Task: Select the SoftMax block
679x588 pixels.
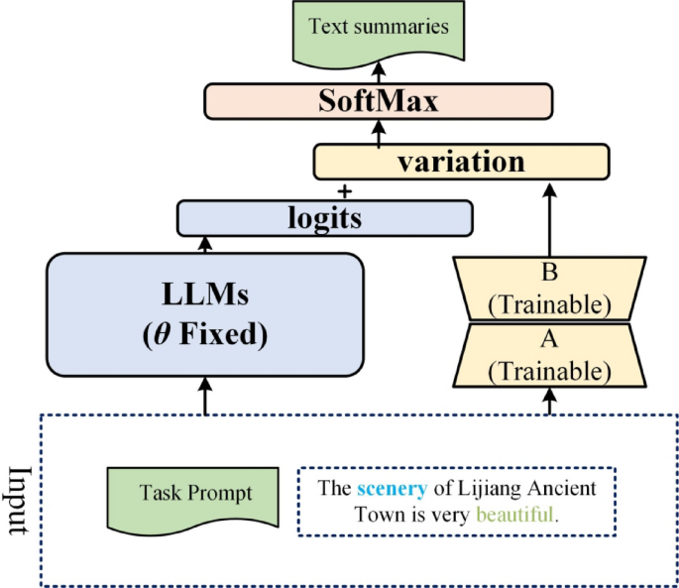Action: coord(378,101)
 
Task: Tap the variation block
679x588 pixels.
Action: coord(460,162)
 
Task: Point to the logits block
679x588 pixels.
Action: coord(324,218)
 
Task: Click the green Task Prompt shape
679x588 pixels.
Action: coord(194,492)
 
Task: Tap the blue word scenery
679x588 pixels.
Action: coord(392,489)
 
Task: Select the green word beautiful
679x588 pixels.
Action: coord(514,516)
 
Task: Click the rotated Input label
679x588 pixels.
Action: coord(18,500)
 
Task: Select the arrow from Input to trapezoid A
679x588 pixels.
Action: coord(549,400)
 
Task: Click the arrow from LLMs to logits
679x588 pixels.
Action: coord(206,244)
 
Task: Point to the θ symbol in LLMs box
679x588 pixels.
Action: coord(158,334)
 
